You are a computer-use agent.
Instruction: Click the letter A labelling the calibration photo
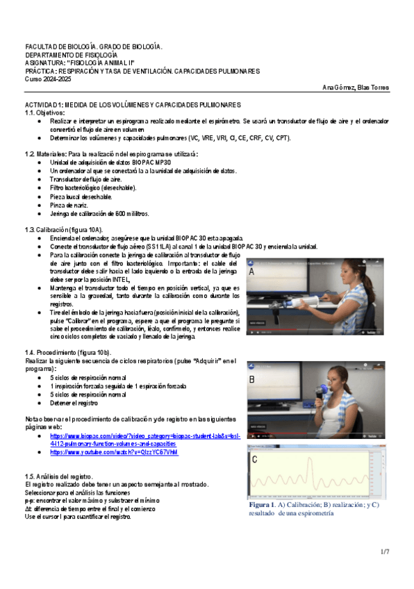click(x=251, y=273)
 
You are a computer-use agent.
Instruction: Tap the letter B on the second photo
click(x=252, y=379)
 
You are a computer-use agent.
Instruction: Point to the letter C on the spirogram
click(x=255, y=459)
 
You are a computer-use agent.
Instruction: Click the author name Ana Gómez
click(x=338, y=88)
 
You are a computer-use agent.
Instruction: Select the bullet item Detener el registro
click(x=74, y=403)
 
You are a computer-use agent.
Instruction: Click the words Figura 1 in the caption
click(x=263, y=506)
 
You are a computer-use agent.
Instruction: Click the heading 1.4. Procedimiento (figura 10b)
click(x=68, y=352)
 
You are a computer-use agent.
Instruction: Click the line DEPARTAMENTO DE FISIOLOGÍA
click(x=71, y=54)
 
